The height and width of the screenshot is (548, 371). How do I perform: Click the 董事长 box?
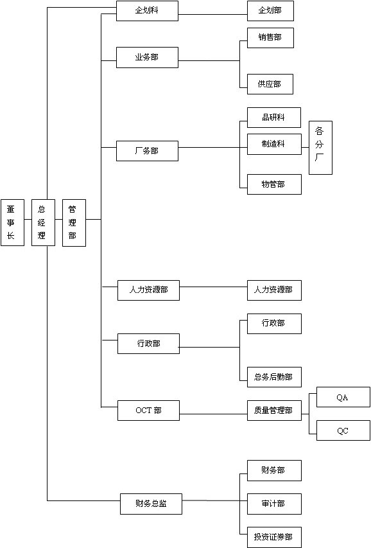13,223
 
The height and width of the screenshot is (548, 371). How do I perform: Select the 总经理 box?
43,223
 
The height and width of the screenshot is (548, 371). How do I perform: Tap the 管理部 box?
74,223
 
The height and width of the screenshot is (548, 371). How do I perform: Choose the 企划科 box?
147,11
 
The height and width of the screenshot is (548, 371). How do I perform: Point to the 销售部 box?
270,38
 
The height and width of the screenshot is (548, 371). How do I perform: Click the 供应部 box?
270,84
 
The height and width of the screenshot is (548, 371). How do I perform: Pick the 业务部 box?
147,57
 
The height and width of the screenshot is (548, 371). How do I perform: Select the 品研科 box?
274,118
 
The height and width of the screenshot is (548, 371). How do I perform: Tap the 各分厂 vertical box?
320,148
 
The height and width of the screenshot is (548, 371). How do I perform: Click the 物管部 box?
274,184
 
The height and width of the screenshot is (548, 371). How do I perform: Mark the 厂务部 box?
147,151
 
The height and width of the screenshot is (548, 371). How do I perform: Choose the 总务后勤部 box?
274,377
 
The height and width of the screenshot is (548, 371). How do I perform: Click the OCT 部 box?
148,411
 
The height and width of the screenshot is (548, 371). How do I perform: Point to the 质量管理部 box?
274,411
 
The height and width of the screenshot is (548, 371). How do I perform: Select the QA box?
343,397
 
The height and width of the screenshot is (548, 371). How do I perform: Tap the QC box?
343,430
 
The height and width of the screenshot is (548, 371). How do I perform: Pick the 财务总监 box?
151,504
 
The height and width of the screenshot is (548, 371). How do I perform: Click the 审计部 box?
274,504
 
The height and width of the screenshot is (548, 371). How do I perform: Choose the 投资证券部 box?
274,537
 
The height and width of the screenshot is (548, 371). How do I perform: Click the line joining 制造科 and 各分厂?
305,148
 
